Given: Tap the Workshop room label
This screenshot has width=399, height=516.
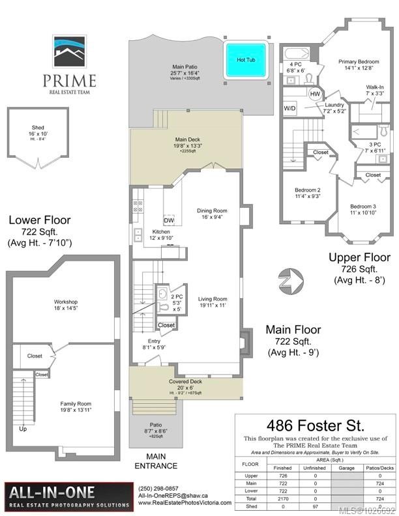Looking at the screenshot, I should point(66,302).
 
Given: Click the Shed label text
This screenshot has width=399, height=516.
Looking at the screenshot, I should point(38,128).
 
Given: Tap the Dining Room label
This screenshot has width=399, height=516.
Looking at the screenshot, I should point(212,210).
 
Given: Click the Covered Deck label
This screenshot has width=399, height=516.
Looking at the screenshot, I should point(186,382).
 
